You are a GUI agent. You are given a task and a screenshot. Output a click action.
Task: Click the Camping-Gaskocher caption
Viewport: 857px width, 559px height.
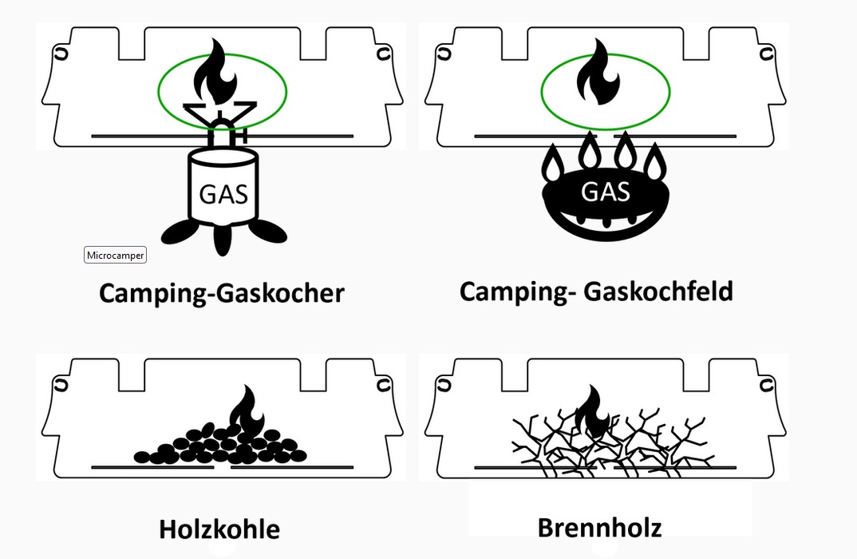click(x=221, y=293)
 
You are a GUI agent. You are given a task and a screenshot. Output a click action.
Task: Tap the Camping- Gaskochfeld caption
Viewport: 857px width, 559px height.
click(x=595, y=291)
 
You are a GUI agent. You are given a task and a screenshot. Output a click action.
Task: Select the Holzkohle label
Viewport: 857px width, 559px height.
click(x=219, y=529)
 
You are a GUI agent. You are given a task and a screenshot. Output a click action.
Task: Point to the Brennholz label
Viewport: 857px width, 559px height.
click(x=599, y=527)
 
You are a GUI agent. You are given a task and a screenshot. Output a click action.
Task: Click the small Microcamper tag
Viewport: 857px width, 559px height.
click(x=115, y=255)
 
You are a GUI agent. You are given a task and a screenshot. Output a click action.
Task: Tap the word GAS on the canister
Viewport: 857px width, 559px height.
click(x=223, y=193)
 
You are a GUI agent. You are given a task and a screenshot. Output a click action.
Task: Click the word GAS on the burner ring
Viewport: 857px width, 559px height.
click(x=606, y=192)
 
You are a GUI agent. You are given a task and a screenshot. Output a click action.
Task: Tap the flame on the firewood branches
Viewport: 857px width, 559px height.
click(x=591, y=409)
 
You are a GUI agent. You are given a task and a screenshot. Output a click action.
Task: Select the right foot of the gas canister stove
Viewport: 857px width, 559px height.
click(x=267, y=231)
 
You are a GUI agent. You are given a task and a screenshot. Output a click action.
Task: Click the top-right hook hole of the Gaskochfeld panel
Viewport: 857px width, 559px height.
click(x=766, y=54)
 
